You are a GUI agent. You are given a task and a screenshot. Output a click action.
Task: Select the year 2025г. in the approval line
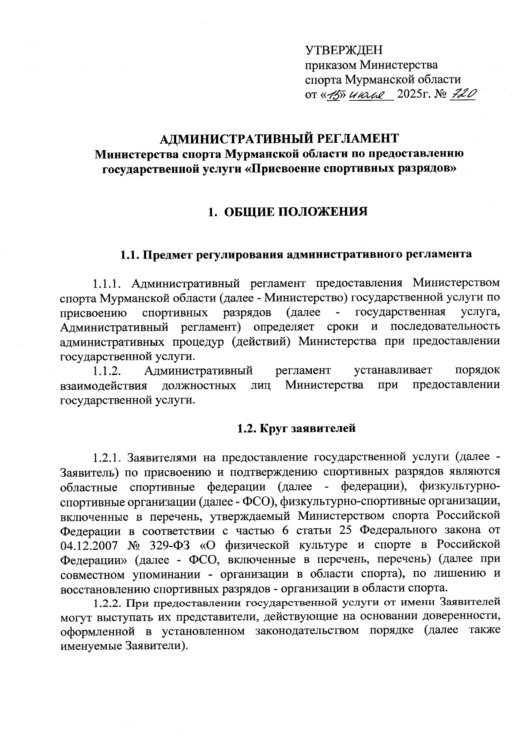click(412, 94)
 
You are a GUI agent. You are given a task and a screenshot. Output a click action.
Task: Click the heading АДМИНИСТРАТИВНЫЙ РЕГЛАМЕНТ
click(279, 138)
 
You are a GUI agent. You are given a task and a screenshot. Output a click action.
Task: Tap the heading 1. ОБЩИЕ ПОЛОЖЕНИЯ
click(288, 212)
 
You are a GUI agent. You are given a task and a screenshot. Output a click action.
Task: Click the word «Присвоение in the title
click(279, 168)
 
